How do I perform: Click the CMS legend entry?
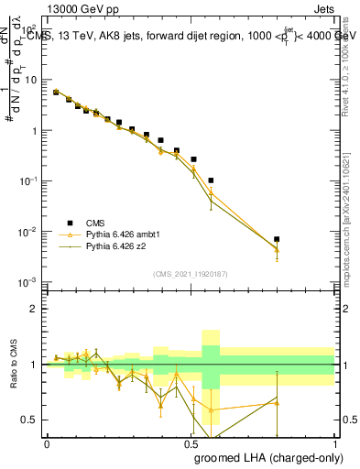(x=95, y=223)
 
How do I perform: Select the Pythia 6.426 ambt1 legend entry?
(x=119, y=234)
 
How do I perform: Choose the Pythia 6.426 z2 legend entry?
(x=114, y=246)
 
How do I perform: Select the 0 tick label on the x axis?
(x=47, y=442)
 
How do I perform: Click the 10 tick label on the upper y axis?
(x=29, y=80)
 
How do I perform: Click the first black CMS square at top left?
(x=55, y=92)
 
